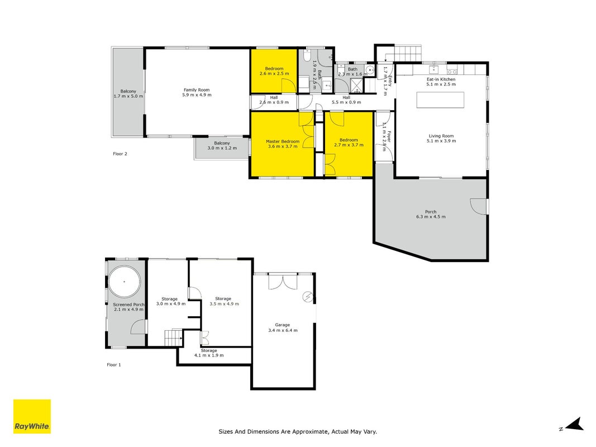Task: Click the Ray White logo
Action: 32,416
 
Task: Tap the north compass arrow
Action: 575,424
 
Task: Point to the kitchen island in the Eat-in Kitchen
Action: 440,99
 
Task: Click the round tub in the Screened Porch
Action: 125,282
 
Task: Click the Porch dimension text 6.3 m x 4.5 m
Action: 431,217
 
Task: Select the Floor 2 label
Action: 120,154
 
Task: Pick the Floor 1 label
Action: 114,365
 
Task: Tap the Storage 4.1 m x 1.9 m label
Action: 209,353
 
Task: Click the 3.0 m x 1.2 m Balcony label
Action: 222,146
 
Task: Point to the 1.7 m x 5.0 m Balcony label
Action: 128,94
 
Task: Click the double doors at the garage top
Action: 283,281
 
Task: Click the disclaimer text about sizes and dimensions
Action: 298,432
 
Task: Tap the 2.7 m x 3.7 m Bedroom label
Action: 349,142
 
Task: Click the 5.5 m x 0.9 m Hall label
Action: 346,100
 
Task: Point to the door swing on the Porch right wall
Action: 479,206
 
